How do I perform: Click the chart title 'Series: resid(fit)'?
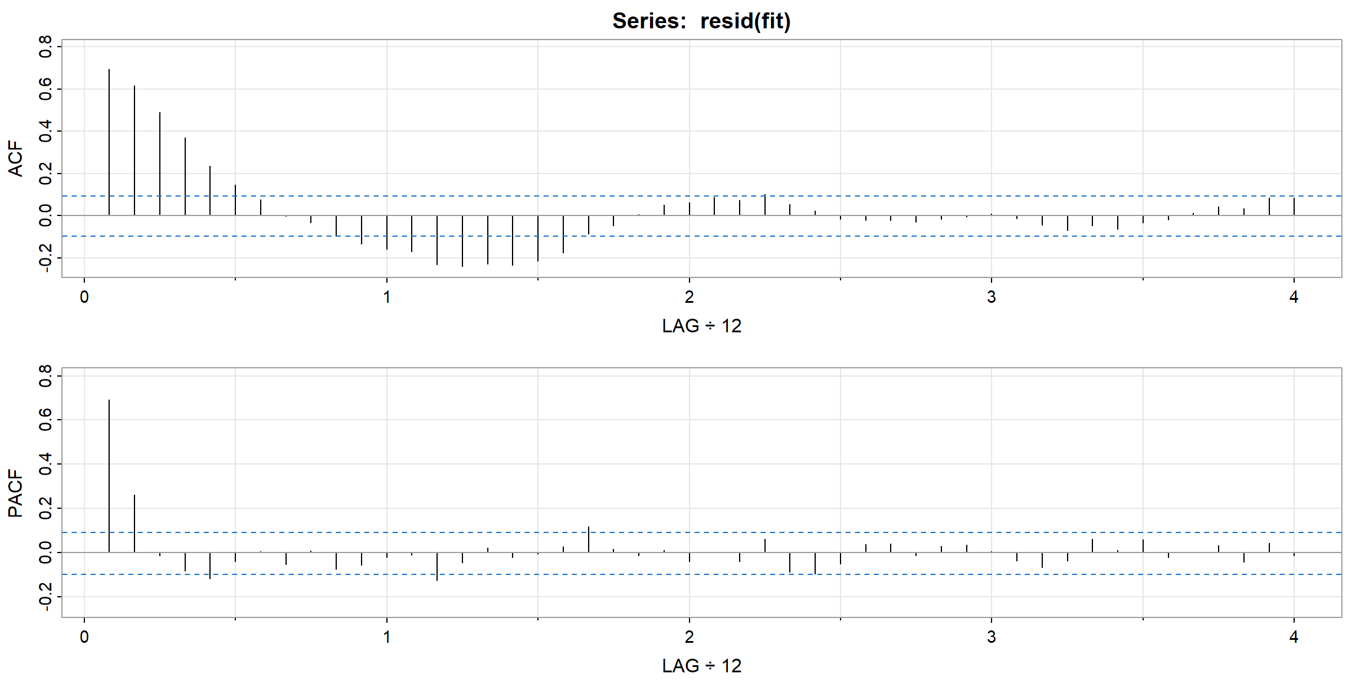pyautogui.click(x=701, y=21)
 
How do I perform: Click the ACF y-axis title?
pyautogui.click(x=16, y=159)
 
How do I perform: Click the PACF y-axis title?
pyautogui.click(x=16, y=493)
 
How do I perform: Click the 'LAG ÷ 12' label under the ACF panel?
pyautogui.click(x=701, y=326)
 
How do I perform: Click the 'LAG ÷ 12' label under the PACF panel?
pyautogui.click(x=701, y=666)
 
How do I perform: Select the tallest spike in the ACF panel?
pyautogui.click(x=109, y=142)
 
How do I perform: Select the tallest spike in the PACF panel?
pyautogui.click(x=109, y=476)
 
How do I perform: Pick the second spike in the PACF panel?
pyautogui.click(x=134, y=523)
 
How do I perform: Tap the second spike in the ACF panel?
pyautogui.click(x=134, y=151)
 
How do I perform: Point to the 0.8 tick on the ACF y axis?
pyautogui.click(x=45, y=47)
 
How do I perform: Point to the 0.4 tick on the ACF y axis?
pyautogui.click(x=45, y=131)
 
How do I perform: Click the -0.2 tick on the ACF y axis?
pyautogui.click(x=45, y=258)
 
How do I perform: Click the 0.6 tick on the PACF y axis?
pyautogui.click(x=45, y=420)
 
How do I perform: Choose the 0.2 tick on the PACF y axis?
pyautogui.click(x=45, y=508)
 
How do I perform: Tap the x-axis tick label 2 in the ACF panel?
pyautogui.click(x=689, y=297)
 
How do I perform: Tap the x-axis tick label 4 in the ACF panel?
pyautogui.click(x=1294, y=297)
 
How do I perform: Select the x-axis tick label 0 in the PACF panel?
pyautogui.click(x=84, y=637)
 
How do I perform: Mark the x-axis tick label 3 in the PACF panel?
pyautogui.click(x=992, y=637)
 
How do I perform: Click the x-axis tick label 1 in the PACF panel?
pyautogui.click(x=387, y=637)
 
